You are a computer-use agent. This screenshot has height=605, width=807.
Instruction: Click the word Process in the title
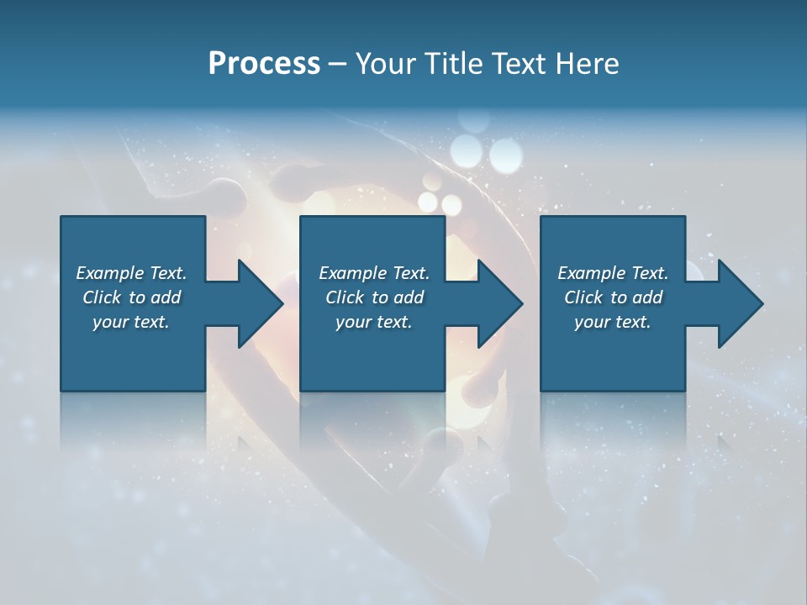264,64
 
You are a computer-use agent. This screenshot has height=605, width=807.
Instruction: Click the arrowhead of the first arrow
262,303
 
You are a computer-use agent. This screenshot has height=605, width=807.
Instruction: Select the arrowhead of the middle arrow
502,303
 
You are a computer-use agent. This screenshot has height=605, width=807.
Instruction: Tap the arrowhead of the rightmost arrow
742,303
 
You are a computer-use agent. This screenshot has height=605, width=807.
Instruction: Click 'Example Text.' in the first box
131,273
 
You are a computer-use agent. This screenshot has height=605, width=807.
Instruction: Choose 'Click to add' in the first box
131,297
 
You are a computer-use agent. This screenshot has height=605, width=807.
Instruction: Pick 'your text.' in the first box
131,322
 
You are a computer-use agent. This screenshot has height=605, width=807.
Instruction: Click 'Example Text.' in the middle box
374,273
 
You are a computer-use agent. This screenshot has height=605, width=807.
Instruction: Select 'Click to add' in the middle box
374,297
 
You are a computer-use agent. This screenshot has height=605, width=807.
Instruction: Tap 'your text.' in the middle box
374,322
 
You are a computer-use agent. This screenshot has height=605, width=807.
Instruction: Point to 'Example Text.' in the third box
613,273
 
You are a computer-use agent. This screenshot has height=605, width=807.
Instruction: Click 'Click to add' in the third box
613,297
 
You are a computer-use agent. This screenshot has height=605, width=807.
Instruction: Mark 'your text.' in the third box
613,322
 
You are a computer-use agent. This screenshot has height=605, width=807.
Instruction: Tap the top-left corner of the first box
61,218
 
